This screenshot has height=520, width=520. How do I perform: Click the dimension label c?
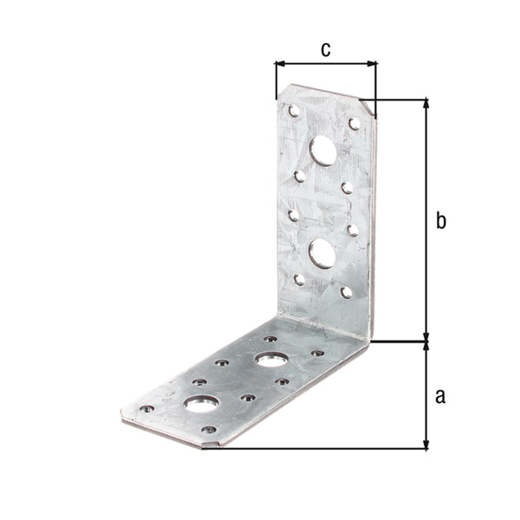coord(326,49)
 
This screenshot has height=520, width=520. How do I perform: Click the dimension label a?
coord(440,396)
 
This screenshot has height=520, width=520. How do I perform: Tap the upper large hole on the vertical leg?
coord(323,151)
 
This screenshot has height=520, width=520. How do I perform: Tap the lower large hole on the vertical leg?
coord(322,254)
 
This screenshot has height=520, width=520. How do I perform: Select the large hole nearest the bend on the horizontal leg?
coord(272,360)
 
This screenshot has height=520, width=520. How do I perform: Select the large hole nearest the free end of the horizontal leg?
coord(202,404)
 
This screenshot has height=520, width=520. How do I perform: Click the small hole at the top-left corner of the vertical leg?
coord(294,111)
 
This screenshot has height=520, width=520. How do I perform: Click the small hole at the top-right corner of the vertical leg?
coord(354,124)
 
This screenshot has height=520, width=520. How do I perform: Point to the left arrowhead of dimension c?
coord(280,63)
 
